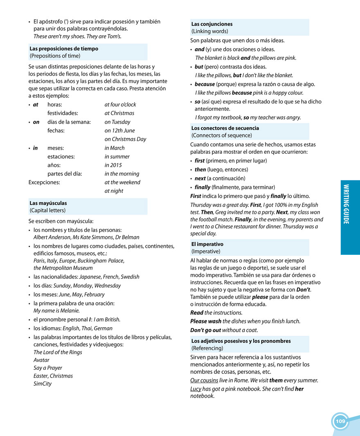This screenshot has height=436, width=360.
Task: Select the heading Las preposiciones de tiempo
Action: pos(64,49)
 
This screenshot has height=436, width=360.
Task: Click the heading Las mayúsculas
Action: pos(48,203)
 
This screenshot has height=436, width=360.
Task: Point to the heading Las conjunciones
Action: pos(212,24)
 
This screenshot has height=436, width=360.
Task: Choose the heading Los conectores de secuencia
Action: pos(225,128)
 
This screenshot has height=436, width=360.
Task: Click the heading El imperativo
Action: pos(207,244)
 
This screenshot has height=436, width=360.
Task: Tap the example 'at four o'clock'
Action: pos(120,105)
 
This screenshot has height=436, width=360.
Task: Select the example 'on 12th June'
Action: pos(119,130)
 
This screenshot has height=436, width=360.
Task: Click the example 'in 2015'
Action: pos(113,165)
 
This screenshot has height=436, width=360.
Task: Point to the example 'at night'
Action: pos(114,191)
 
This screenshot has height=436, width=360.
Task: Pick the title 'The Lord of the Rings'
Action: pos(58,352)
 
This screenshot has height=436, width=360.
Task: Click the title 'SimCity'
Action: pos(43,384)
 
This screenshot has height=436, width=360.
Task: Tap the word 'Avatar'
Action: pos(41,360)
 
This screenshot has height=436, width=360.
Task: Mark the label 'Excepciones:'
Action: pos(44,182)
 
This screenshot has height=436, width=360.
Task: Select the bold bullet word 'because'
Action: pos(205,84)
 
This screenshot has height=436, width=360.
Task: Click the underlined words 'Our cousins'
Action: pos(204,380)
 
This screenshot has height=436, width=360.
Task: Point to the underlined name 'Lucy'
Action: pos(196,389)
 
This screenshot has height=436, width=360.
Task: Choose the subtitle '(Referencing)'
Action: pos(207,348)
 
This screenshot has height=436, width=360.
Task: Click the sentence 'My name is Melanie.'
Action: pos(56,310)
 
